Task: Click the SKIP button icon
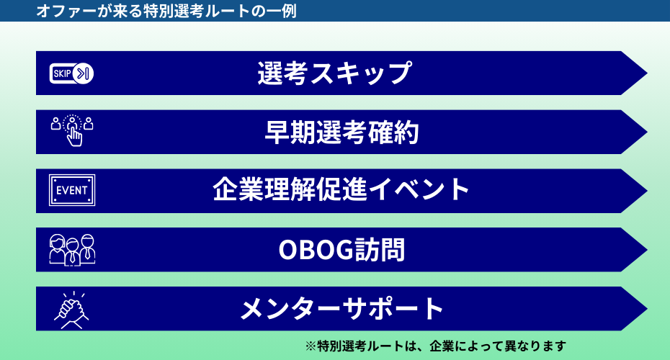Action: tap(71, 73)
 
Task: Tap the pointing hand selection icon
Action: tap(72, 130)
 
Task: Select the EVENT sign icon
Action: tap(72, 190)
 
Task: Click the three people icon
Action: tap(72, 250)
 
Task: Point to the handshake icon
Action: tap(72, 310)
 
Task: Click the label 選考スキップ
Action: tap(334, 73)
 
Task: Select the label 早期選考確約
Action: tap(341, 132)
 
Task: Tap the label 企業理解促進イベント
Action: tap(341, 189)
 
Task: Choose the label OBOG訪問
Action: tap(341, 249)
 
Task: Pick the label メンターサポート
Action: tap(341, 309)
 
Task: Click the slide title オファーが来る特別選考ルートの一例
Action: tap(166, 11)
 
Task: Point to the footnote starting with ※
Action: tap(435, 346)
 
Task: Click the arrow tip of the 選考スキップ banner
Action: tap(647, 73)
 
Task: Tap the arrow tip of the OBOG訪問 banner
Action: tap(647, 250)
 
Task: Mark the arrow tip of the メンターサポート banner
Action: tap(647, 309)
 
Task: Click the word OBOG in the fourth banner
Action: tap(316, 250)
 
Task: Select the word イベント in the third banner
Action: tap(419, 189)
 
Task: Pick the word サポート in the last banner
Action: tap(393, 309)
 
